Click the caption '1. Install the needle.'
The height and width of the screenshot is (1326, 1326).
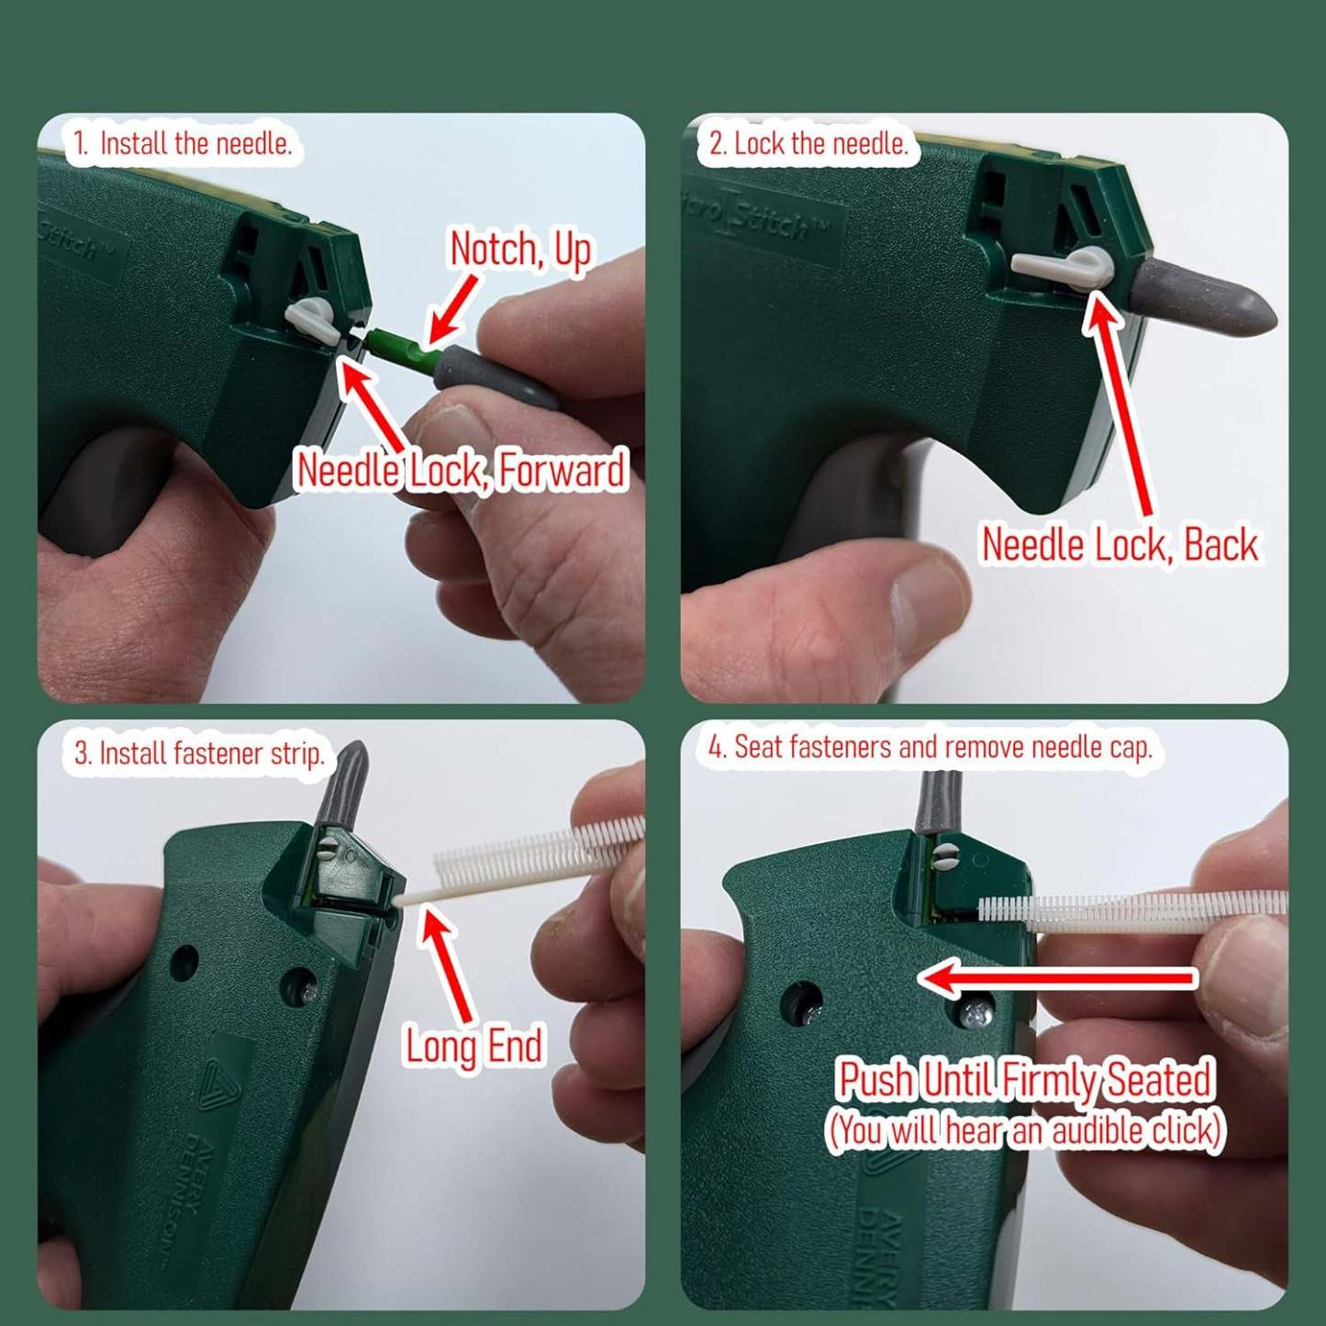183,144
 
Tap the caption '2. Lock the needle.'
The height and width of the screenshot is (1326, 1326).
808,144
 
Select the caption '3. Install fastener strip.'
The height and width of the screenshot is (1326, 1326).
199,753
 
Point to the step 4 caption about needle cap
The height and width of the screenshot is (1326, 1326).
930,747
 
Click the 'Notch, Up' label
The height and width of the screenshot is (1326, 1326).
519,250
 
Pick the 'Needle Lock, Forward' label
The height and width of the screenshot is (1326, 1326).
462,470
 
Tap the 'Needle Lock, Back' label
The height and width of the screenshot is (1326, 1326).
1119,544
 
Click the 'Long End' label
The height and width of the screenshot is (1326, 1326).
474,1046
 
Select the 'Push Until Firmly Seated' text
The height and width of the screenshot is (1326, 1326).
1026,1079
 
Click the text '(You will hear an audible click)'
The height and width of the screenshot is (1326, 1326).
1025,1130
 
